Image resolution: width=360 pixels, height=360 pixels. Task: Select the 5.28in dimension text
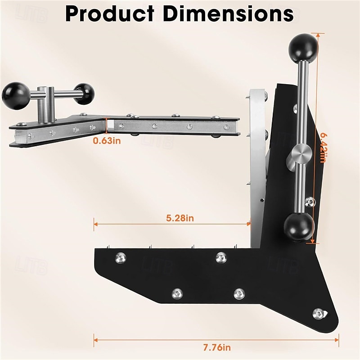pyautogui.click(x=180, y=218)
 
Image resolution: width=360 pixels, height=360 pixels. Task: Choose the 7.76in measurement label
pyautogui.click(x=216, y=347)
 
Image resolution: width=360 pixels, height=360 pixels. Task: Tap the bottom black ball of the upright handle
pyautogui.click(x=298, y=227)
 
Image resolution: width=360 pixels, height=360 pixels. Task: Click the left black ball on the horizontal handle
pyautogui.click(x=16, y=94)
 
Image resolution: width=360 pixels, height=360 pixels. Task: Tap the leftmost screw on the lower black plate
pyautogui.click(x=120, y=258)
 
